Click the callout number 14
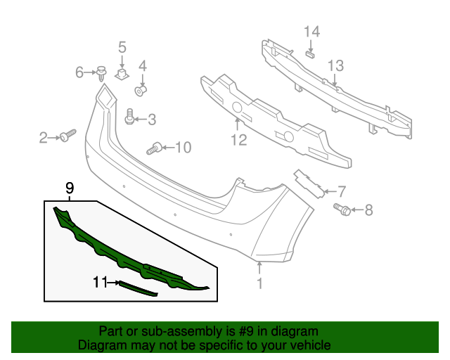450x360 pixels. pyautogui.click(x=311, y=32)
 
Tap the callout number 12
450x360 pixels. pyautogui.click(x=238, y=141)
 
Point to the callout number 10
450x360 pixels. pyautogui.click(x=183, y=147)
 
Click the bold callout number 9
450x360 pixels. pyautogui.click(x=70, y=188)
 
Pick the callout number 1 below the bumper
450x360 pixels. pyautogui.click(x=259, y=283)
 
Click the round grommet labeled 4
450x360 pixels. pyautogui.click(x=141, y=90)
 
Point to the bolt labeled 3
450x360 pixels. pyautogui.click(x=130, y=117)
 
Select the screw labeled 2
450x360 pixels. pyautogui.click(x=68, y=135)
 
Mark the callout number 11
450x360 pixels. pyautogui.click(x=100, y=283)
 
